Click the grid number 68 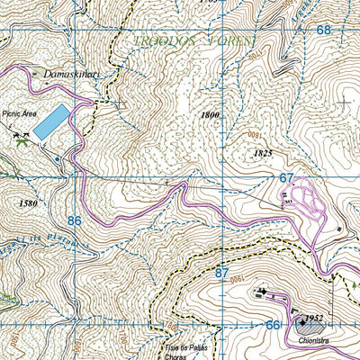click(x=323, y=30)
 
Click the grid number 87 click(x=222, y=271)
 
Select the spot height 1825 click(x=238, y=154)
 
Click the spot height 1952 click(x=312, y=319)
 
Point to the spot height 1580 click(x=27, y=203)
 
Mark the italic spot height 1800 click(x=211, y=116)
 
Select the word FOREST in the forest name click(x=233, y=41)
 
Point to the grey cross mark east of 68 click(x=344, y=103)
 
